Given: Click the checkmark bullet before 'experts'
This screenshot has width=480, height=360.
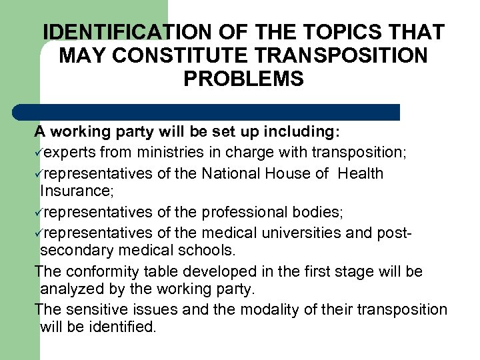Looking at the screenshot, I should click(39, 152).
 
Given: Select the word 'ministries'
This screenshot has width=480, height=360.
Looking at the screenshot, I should click(165, 152).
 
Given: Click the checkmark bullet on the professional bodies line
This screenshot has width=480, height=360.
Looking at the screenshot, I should click(39, 213).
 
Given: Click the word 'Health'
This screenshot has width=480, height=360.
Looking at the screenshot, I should click(360, 173).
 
